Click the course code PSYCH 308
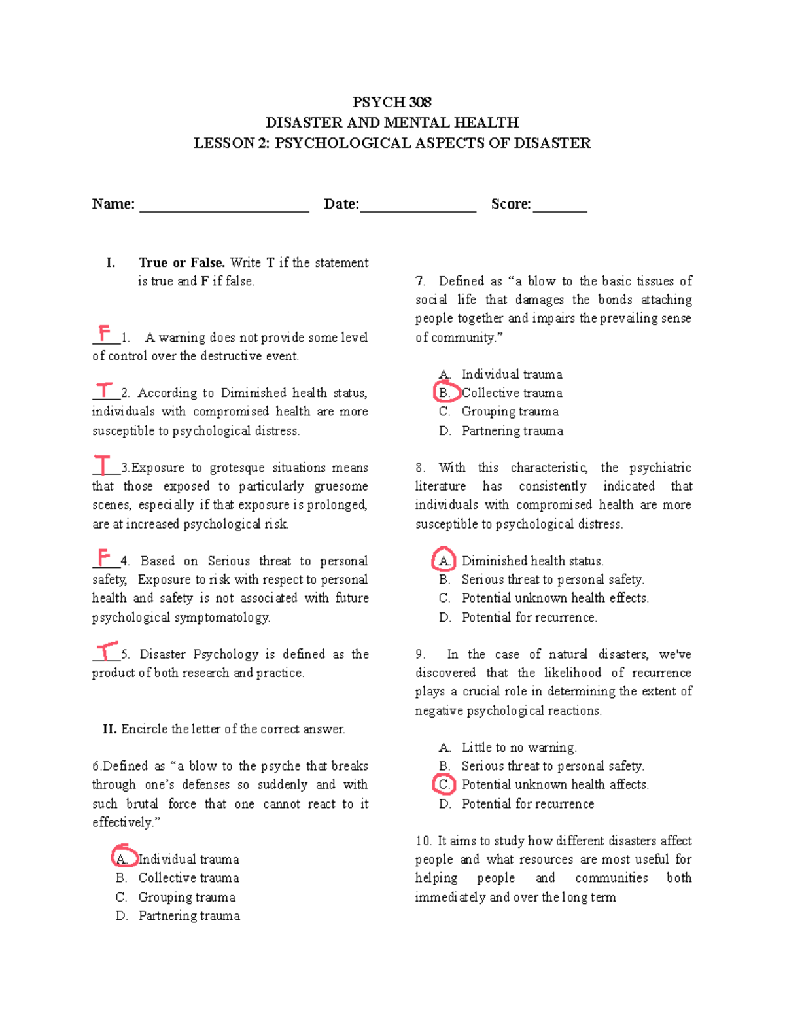coord(392,102)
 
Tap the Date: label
coord(341,204)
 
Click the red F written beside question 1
coord(104,333)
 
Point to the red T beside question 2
coord(104,391)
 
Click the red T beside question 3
coord(103,464)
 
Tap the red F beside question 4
coord(103,557)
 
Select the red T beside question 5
coord(106,652)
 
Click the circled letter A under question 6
coord(122,858)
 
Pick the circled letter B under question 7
coord(445,393)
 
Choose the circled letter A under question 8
coord(444,560)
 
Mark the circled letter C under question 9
coord(445,784)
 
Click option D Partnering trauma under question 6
coord(188,916)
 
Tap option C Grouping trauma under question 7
coord(510,412)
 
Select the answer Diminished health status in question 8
coord(532,561)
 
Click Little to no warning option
coord(519,747)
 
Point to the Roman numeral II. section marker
coord(109,729)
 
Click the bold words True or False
coord(182,263)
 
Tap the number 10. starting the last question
coord(423,841)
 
